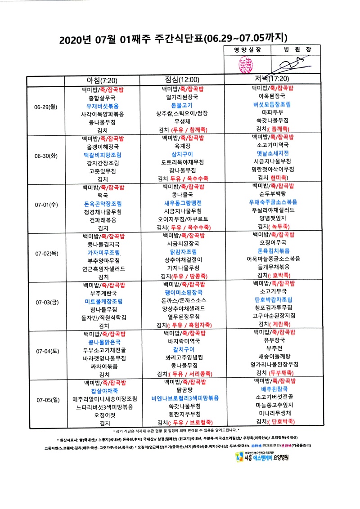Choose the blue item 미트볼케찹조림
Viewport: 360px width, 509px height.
click(103, 301)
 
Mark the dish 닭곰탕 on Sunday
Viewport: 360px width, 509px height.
click(184, 390)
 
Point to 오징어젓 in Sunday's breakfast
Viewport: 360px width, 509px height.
click(103, 415)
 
